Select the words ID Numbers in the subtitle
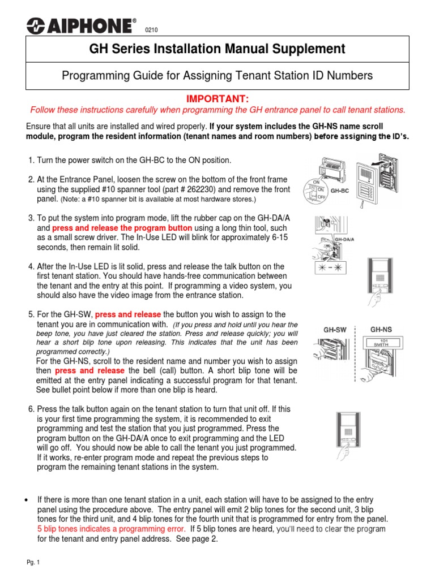[x=343, y=75]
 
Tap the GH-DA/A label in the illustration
[x=345, y=240]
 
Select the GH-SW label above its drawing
[x=334, y=329]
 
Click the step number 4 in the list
[x=31, y=266]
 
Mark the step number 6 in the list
[x=31, y=408]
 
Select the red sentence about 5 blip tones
[x=111, y=529]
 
